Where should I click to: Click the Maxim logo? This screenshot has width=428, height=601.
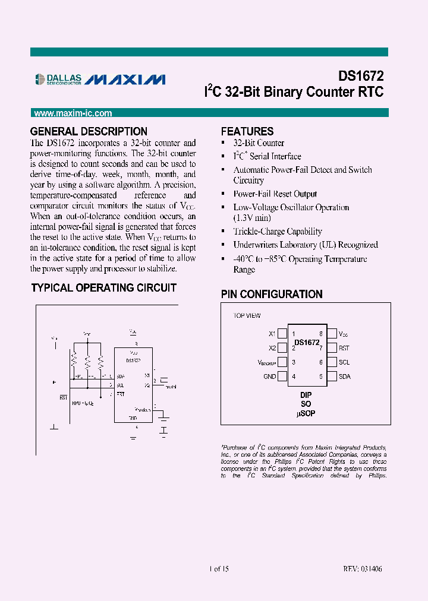click(126, 80)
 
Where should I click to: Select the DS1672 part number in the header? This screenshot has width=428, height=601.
click(361, 76)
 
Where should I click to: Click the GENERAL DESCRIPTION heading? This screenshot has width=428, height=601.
click(89, 131)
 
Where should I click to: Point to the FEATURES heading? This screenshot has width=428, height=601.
click(247, 131)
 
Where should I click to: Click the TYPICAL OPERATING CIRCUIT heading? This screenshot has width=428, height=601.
click(103, 287)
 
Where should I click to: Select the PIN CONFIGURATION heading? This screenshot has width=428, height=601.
click(272, 294)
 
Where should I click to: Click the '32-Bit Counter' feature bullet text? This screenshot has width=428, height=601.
click(259, 143)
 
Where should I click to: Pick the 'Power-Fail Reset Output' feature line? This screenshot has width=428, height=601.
click(275, 194)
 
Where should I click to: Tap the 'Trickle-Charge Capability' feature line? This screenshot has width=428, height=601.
click(278, 232)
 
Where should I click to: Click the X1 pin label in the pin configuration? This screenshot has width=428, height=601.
click(272, 334)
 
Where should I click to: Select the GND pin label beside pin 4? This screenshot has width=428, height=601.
click(270, 377)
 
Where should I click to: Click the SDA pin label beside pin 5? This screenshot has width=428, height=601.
click(344, 377)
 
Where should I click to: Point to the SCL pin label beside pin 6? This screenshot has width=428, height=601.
click(344, 362)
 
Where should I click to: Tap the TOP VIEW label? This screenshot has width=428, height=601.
click(247, 316)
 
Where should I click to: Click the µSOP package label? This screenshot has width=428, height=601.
click(306, 413)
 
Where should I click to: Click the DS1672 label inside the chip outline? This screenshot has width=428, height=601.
click(307, 343)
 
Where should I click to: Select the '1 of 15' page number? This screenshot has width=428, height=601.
click(219, 569)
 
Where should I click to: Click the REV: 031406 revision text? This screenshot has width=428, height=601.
click(362, 569)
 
